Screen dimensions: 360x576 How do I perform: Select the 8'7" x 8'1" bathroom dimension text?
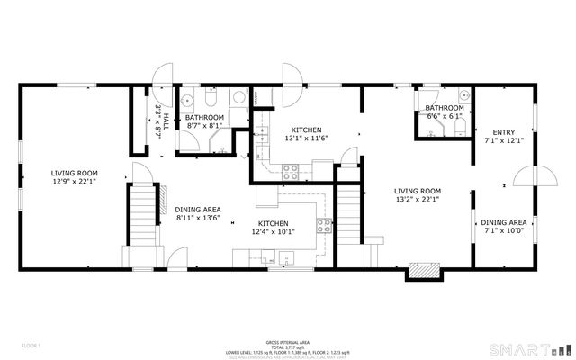coord(205,127)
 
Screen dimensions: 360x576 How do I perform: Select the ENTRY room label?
coord(504,132)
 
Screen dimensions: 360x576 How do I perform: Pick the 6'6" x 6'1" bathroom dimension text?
coord(445,116)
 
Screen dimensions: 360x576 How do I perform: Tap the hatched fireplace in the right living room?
coord(424,269)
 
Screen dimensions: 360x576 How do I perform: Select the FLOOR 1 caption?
coord(33,345)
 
